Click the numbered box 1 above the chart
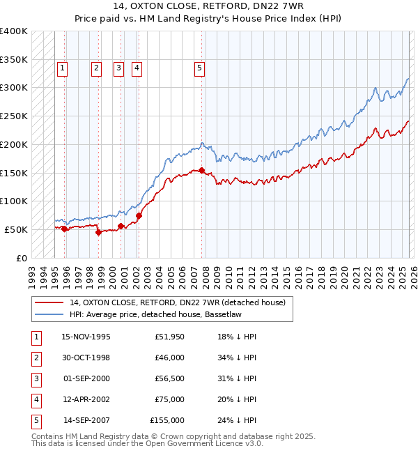coord(63,68)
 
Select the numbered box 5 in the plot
coord(199,68)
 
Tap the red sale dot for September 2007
coord(201,170)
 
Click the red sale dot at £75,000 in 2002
coord(139,215)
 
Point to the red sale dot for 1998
coord(98,232)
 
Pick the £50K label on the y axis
coord(16,229)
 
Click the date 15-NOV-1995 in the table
coord(86,337)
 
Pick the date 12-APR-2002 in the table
coord(86,399)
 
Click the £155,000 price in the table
coord(167,420)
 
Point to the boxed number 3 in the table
coord(35,378)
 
